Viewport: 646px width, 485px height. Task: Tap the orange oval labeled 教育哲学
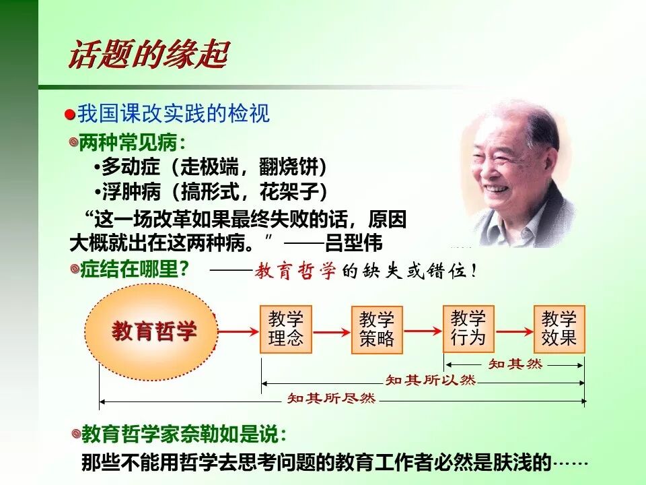tap(152, 331)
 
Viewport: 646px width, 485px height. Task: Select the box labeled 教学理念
tap(286, 329)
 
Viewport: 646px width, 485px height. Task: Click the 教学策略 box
tap(377, 329)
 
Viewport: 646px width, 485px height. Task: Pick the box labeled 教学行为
tap(468, 328)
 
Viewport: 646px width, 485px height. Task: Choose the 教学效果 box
tap(559, 328)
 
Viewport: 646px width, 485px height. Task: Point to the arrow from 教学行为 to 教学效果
tap(513, 331)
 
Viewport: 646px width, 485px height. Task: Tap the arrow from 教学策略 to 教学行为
tap(423, 331)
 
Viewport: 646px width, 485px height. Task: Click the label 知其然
tap(515, 364)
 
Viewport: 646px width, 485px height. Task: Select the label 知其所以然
tap(431, 381)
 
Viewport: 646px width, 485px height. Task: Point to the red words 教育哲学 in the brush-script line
tap(296, 272)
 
